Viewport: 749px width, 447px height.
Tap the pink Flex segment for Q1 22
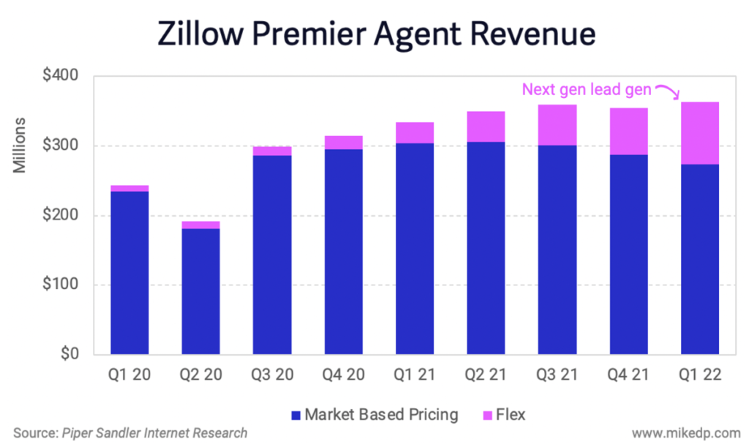point(700,133)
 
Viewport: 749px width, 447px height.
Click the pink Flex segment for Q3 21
point(557,125)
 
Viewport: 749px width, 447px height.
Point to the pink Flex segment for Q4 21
point(628,132)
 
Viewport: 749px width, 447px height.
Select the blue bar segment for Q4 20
point(343,252)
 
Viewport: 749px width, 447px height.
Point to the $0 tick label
point(78,355)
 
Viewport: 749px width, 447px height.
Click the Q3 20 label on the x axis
point(272,375)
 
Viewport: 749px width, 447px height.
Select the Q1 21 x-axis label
point(415,375)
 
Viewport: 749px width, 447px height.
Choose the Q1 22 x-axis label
point(700,375)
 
